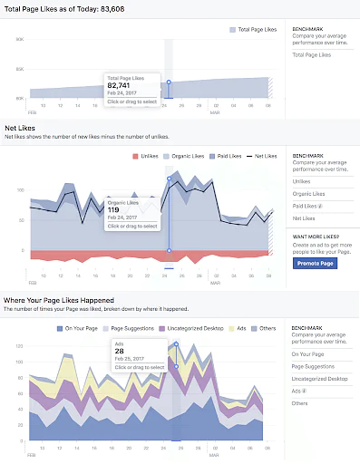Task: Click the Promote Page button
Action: click(x=315, y=263)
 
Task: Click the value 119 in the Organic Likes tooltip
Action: click(x=115, y=208)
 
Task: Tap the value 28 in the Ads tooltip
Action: click(x=120, y=352)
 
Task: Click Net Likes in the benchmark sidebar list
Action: click(x=305, y=218)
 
